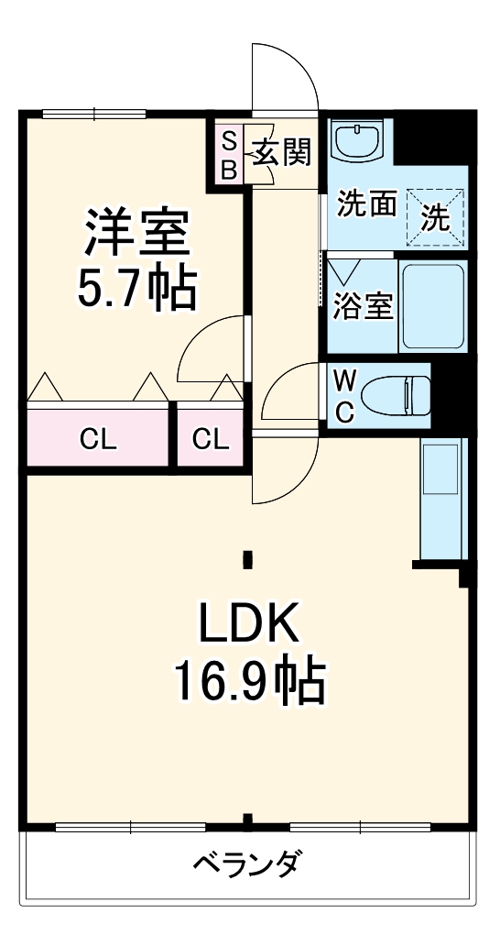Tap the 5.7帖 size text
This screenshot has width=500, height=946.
click(137, 287)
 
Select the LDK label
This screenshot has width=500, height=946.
click(249, 626)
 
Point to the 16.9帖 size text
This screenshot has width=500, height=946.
click(249, 681)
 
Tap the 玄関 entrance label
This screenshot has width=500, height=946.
click(282, 152)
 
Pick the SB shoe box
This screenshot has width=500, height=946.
click(229, 155)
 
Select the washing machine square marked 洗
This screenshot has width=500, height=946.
click(436, 218)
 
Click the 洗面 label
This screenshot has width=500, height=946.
click(366, 203)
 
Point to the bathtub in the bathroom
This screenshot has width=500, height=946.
click(433, 307)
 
